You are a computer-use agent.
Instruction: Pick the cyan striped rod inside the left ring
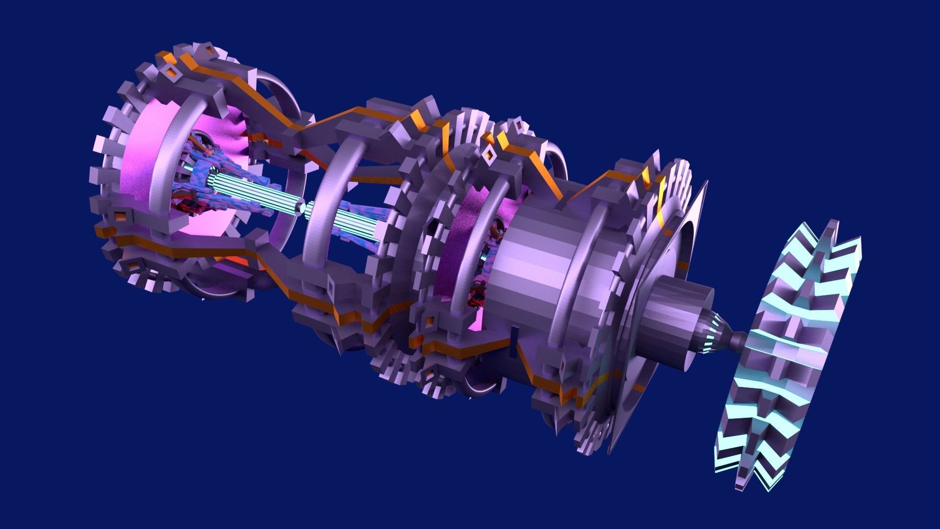point(255,192)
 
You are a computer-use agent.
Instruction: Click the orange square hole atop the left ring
point(172,72)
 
